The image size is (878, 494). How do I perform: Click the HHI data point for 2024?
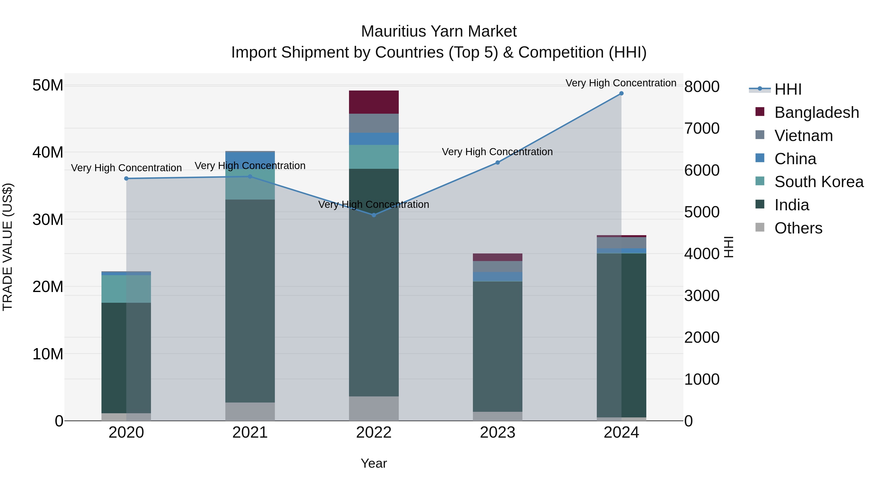(x=621, y=93)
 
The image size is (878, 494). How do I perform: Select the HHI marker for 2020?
(x=126, y=179)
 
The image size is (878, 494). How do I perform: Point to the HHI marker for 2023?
(x=497, y=163)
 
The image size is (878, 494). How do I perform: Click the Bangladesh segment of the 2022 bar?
(x=374, y=102)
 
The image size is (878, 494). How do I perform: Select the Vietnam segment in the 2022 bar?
(x=374, y=123)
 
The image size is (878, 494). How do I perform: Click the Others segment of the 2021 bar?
(x=250, y=412)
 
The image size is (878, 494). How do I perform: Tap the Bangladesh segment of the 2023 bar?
(x=497, y=257)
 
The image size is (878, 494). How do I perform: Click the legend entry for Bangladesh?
(x=816, y=112)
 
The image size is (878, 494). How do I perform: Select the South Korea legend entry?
(x=819, y=182)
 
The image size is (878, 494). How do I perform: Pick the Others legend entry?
(x=798, y=228)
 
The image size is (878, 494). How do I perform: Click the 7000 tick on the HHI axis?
(x=702, y=129)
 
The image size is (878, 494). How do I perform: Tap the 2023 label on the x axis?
(x=497, y=433)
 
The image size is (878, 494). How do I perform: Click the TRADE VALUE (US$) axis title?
(x=8, y=247)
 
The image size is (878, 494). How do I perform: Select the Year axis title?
(x=374, y=463)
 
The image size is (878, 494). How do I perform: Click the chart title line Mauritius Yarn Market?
(x=439, y=31)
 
